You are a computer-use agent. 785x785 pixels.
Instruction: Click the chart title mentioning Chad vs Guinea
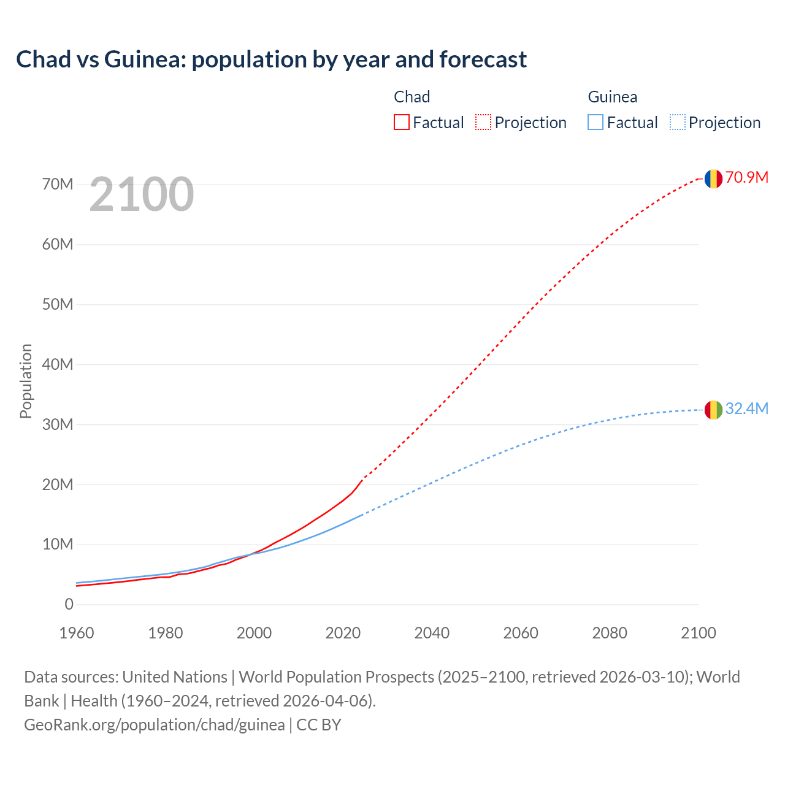coord(271,59)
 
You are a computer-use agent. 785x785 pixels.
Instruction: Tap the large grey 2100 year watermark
coord(142,194)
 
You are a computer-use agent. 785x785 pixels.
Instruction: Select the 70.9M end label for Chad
coord(746,178)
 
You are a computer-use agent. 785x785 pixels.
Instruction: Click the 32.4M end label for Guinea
coord(746,409)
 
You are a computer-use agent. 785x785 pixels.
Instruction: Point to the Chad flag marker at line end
coord(713,178)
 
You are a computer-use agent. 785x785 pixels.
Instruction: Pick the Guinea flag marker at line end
coord(713,410)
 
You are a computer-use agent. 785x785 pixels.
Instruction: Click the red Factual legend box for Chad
coord(401,123)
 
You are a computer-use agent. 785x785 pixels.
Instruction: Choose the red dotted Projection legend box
coord(483,123)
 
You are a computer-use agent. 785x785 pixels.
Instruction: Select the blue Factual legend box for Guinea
coord(595,123)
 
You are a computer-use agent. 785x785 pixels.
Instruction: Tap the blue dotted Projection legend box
coord(677,123)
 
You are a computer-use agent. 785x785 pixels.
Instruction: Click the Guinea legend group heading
coord(612,97)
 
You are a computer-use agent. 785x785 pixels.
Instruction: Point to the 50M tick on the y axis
coord(58,305)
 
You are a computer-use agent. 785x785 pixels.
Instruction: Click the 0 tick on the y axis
coord(69,605)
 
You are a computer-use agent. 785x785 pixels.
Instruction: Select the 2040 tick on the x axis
coord(432,633)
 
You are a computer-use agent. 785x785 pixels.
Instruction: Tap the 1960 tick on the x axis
coord(77,633)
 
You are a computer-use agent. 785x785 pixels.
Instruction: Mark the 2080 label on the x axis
coord(610,633)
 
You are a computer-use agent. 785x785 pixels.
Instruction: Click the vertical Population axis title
coord(26,381)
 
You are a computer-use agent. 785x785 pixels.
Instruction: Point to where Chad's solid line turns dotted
coord(363,478)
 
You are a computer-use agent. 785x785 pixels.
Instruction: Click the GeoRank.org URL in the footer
coord(154,725)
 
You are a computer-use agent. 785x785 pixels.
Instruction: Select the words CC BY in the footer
coord(319,725)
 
